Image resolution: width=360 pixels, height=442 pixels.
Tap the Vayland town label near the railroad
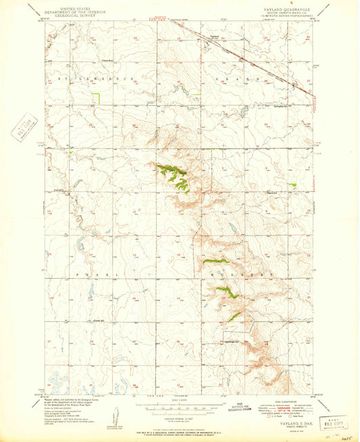click(215, 36)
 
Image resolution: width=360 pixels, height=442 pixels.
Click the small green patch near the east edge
click(292, 184)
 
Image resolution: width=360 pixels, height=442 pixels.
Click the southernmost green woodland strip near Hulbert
click(234, 316)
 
